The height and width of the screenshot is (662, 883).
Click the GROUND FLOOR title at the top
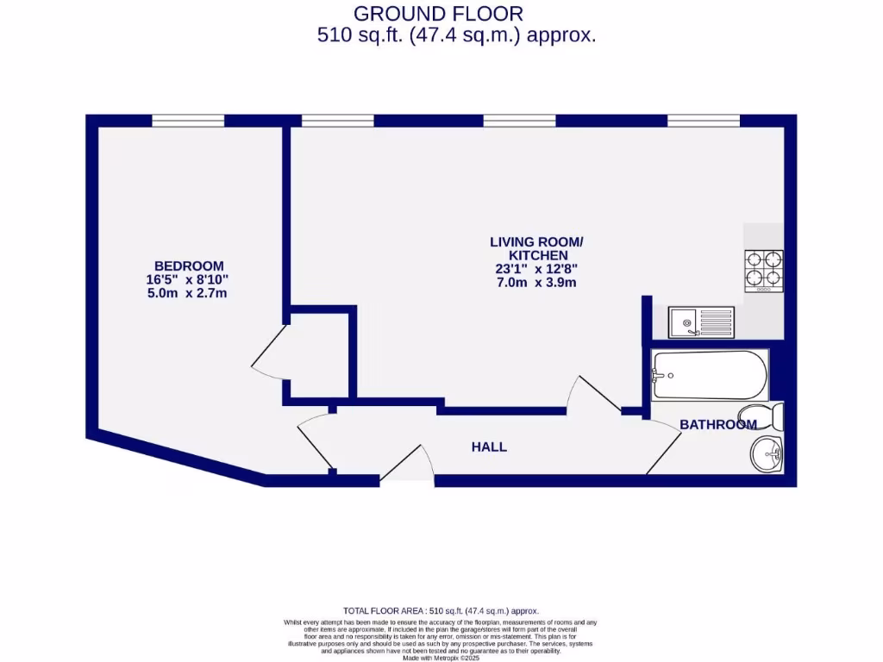coord(438,14)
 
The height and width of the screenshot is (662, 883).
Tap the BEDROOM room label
coord(188,265)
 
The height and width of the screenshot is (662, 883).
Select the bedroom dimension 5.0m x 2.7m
coord(188,293)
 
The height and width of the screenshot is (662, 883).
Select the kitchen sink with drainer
coord(701,323)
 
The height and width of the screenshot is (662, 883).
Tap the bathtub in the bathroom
coord(709,375)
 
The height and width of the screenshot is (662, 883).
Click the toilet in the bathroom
coord(763,416)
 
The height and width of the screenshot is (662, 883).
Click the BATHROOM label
coord(717,424)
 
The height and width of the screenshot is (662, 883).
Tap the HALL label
coord(489,447)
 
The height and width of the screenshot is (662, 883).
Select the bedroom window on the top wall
coord(188,121)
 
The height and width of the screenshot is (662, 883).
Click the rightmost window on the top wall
coord(704,121)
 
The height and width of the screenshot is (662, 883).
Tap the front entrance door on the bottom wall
coord(405,465)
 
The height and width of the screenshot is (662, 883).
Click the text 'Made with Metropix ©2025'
coord(441,658)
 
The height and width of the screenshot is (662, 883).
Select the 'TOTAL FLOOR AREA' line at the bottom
coord(441,610)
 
